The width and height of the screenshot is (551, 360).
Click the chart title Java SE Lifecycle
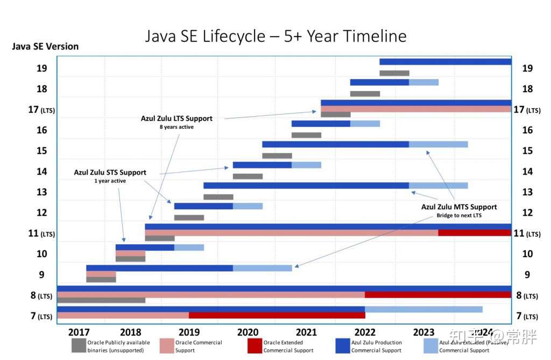275,36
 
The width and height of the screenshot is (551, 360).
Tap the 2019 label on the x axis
189,332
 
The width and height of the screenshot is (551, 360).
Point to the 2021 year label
306,332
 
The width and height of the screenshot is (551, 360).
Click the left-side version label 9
42,274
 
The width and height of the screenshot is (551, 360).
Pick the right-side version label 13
527,192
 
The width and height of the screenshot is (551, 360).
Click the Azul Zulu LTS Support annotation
176,118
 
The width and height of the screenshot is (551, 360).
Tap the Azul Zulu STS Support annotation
110,173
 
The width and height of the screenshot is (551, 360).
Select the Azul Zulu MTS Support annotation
459,207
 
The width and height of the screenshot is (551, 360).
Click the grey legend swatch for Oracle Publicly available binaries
79,345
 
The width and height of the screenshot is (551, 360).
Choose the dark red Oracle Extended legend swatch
255,345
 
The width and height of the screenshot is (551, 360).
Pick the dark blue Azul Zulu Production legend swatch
343,345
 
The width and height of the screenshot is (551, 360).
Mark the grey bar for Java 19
394,73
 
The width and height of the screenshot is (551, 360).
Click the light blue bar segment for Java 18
423,82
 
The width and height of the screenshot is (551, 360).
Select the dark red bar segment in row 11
475,233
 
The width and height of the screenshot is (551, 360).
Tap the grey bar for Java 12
189,218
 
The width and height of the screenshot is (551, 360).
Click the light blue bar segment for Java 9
263,268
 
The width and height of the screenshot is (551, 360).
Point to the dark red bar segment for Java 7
277,315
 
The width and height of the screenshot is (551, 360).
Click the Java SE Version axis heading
45,46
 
